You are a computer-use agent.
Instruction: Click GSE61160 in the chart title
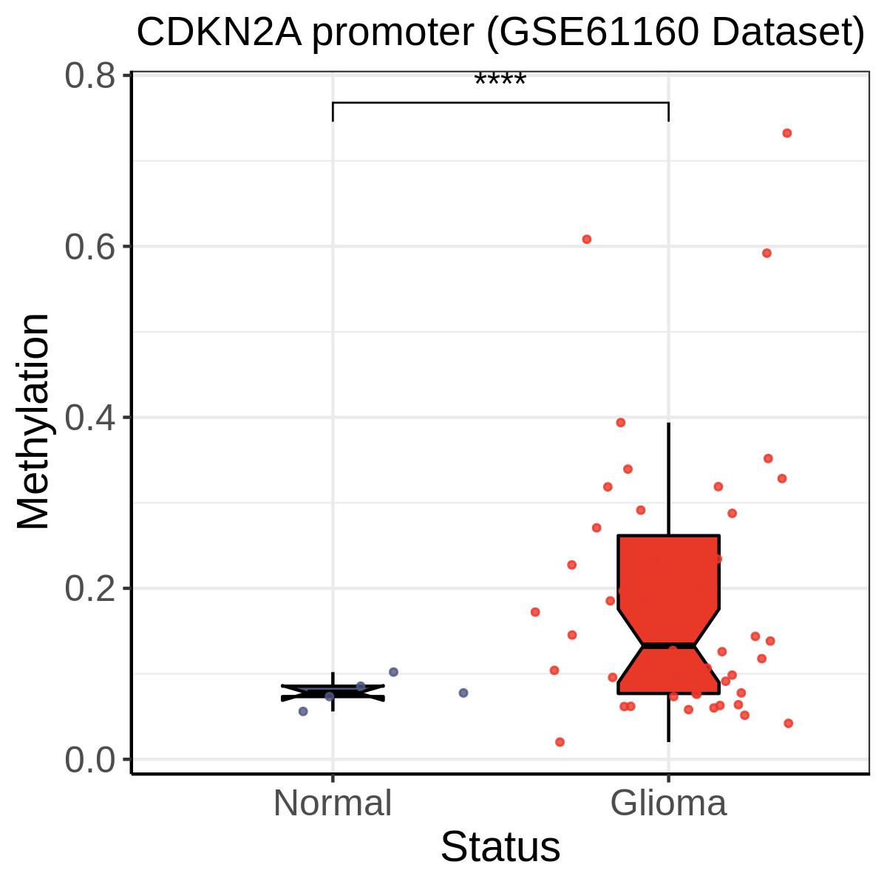pos(599,33)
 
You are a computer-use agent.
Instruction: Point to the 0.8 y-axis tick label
pos(89,76)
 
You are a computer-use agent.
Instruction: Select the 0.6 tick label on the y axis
pos(89,247)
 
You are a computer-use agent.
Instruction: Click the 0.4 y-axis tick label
pos(89,418)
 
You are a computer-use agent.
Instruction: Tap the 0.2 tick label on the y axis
pos(89,588)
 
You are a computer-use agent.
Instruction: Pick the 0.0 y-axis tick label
pos(89,760)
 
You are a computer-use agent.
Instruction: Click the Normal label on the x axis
pos(333,803)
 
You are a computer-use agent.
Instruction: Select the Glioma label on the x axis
pos(668,803)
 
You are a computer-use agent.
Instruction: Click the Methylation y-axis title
pos(33,421)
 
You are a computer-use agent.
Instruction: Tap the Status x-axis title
pos(500,847)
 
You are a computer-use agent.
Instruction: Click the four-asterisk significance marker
pos(500,80)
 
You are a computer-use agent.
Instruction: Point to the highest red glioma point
pos(787,133)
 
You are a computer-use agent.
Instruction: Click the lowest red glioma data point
pos(560,742)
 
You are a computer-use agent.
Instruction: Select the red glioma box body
pos(669,614)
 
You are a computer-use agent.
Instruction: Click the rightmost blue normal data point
pos(463,693)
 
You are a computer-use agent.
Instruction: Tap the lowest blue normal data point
pos(303,711)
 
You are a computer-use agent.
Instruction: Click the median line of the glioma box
pos(668,645)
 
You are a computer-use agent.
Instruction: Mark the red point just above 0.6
pos(586,239)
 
